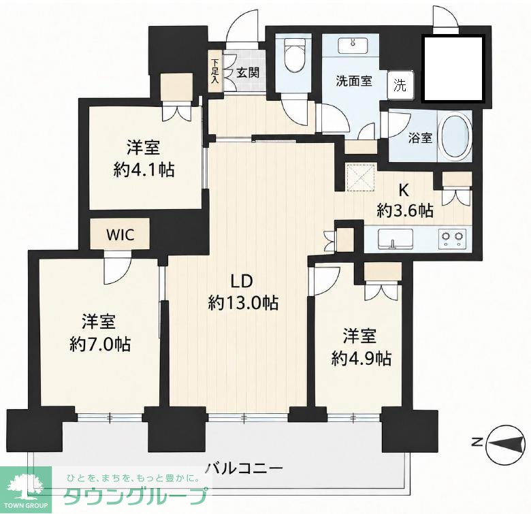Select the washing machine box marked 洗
click(x=400, y=86)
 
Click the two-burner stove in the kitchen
click(x=452, y=239)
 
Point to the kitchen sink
click(x=396, y=239)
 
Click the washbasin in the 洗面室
click(x=353, y=46)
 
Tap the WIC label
click(x=120, y=235)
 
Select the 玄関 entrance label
click(x=248, y=72)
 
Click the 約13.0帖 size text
click(x=243, y=303)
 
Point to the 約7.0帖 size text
click(x=100, y=344)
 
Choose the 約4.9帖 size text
click(x=361, y=359)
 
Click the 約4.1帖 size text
click(x=144, y=170)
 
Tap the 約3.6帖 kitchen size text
click(x=405, y=211)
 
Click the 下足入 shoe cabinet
click(x=214, y=71)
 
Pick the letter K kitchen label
click(x=403, y=191)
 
